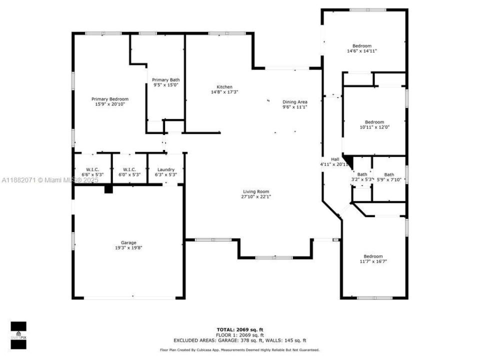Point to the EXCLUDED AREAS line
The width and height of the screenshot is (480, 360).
[239, 339]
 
